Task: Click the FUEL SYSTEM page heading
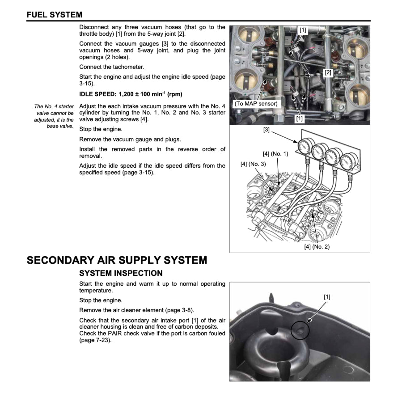pos(54,15)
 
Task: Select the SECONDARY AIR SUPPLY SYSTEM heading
pos(117,260)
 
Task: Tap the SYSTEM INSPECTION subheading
pos(121,273)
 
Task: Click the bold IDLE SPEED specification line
pos(131,94)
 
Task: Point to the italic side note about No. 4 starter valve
pos(54,116)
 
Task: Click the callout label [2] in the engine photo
pos(328,72)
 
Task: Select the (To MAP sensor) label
pos(256,104)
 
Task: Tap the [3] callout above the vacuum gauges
pos(266,130)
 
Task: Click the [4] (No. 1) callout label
pos(275,154)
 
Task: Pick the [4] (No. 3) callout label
pos(253,164)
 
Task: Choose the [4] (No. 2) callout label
pos(317,247)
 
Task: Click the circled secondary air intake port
pos(299,330)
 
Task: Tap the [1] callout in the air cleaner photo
pos(327,296)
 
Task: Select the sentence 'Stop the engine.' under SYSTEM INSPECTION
pos(101,300)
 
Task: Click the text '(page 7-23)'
pos(95,340)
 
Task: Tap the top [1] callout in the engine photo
pos(303,30)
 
